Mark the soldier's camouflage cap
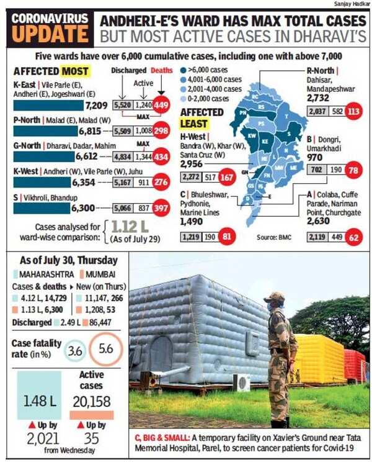pyautogui.click(x=273, y=297)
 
